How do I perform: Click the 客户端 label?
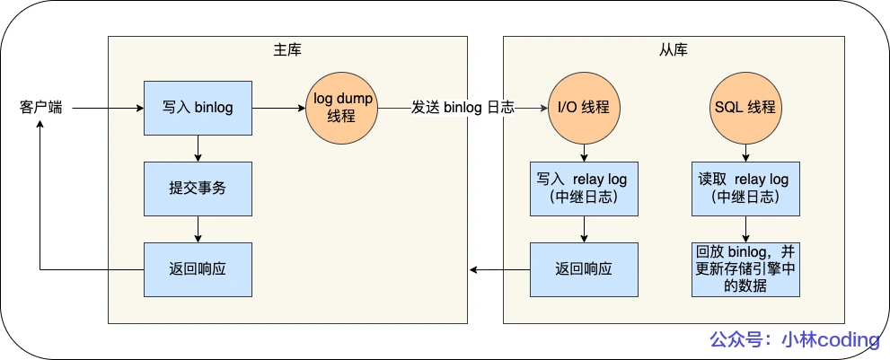pos(41,108)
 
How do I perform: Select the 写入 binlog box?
pos(198,108)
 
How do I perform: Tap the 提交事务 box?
pos(198,189)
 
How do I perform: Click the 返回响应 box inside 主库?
pos(198,269)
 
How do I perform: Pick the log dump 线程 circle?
pos(342,108)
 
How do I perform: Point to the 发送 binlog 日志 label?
pos(463,108)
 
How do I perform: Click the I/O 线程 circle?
pos(584,108)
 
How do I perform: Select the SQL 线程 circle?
pos(745,108)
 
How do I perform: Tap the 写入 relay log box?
pos(584,189)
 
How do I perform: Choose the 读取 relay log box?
pos(745,189)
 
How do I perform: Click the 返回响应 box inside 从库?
pos(584,269)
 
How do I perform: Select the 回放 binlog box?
pos(745,269)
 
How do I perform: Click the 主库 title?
pos(287,49)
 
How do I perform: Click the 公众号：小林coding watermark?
pos(794,340)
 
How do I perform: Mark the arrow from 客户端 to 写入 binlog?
pos(108,108)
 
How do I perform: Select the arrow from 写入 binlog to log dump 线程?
pos(278,108)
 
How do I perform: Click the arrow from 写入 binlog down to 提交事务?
pos(198,148)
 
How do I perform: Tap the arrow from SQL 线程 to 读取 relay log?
pos(745,153)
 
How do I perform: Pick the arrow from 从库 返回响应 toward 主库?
pos(499,269)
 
